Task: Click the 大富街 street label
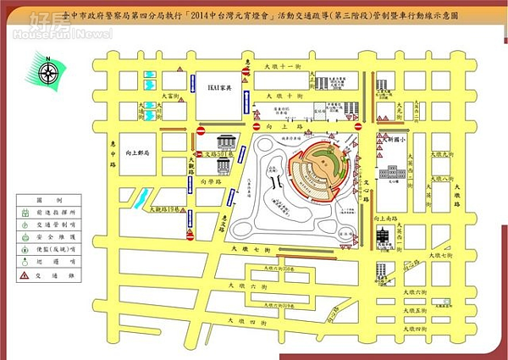pos(170,97)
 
